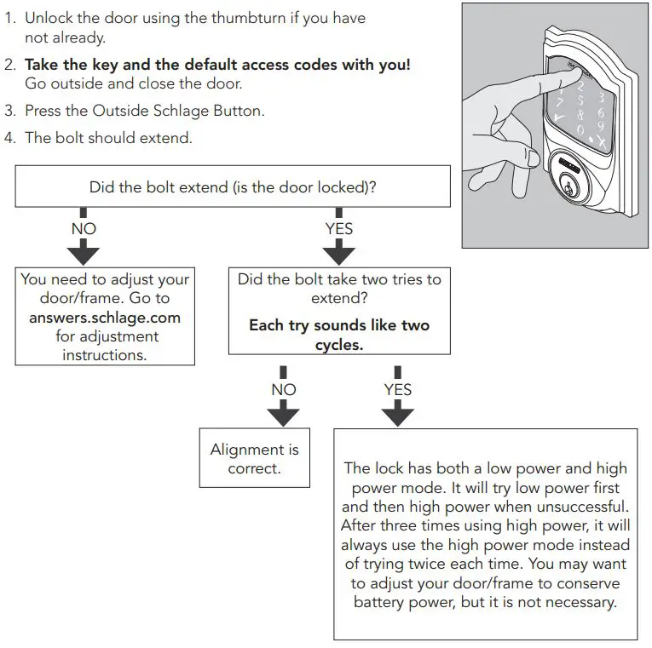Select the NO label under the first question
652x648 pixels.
pyautogui.click(x=84, y=228)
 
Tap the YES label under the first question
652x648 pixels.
pyautogui.click(x=338, y=228)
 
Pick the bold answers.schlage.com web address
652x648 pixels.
pyautogui.click(x=104, y=318)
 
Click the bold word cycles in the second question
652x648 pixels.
pyautogui.click(x=339, y=346)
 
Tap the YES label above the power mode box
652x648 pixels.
pyautogui.click(x=397, y=389)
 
